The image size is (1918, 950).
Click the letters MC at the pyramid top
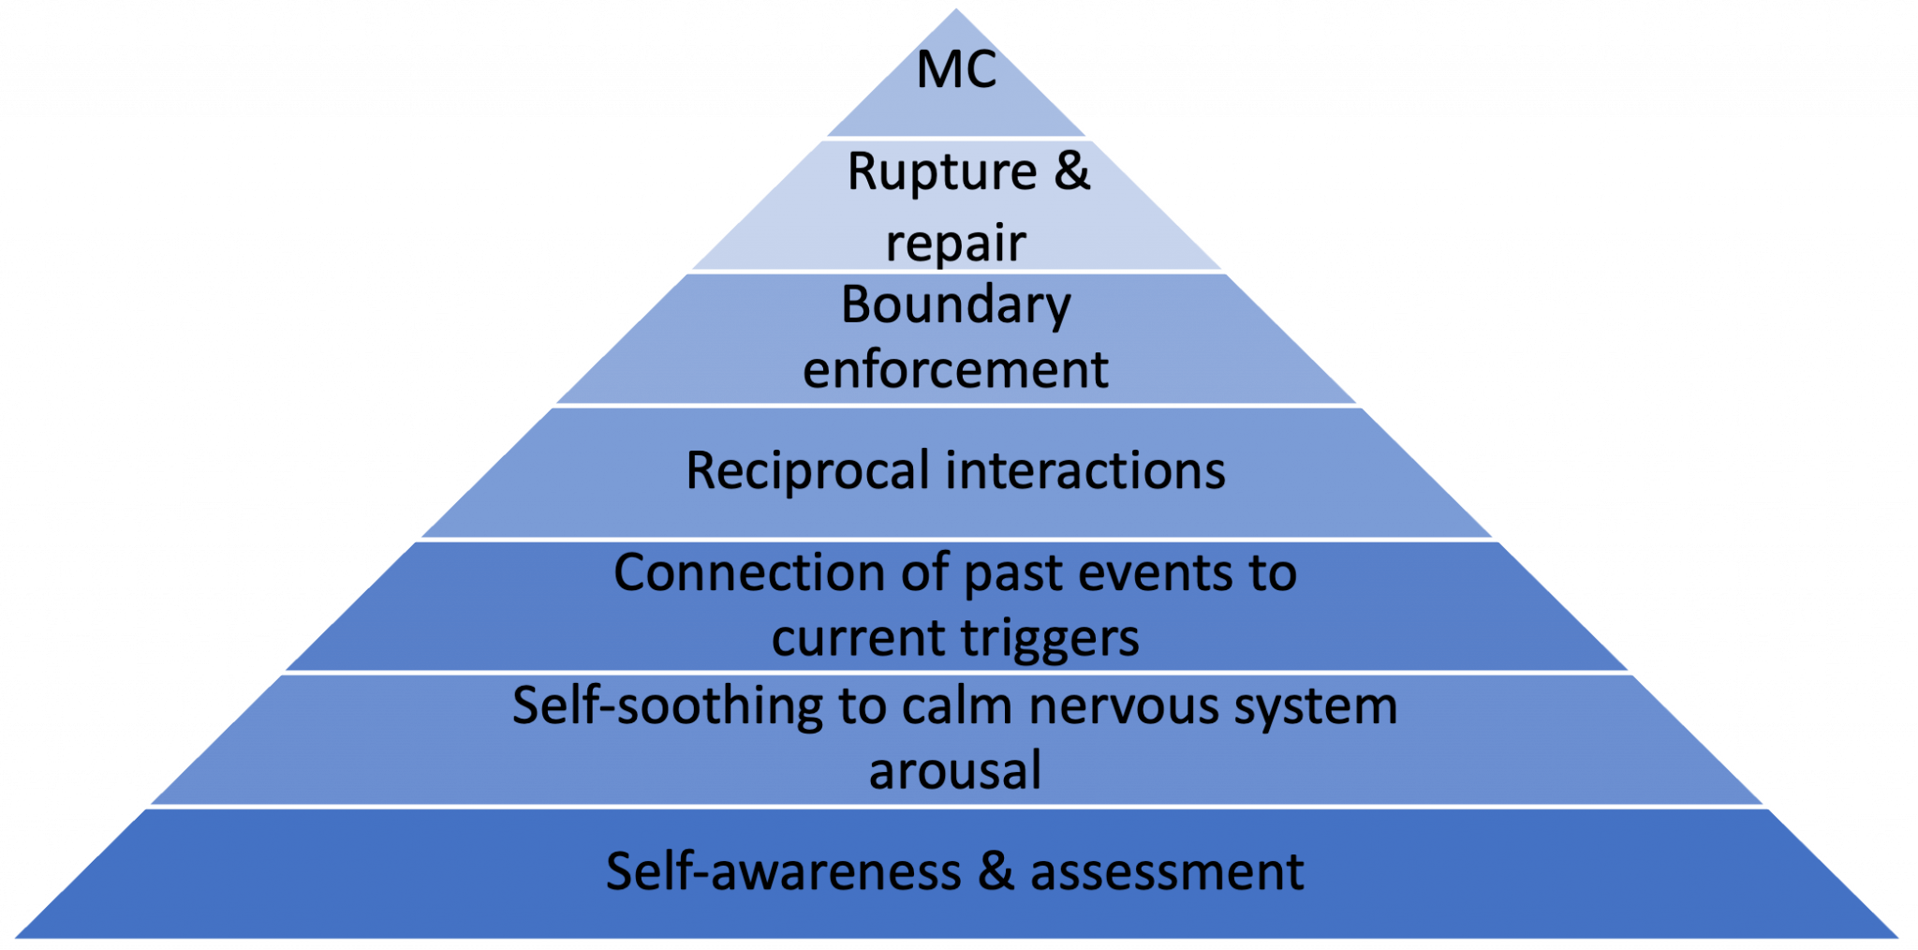[956, 71]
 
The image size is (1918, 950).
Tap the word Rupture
[941, 172]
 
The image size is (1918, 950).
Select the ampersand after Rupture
[1072, 172]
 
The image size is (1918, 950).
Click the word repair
[955, 244]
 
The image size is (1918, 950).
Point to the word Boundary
[955, 305]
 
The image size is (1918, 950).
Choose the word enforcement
[955, 370]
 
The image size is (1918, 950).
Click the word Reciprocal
[807, 471]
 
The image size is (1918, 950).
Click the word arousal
[954, 771]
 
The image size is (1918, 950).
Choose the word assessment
[1167, 872]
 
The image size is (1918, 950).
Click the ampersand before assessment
[996, 872]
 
